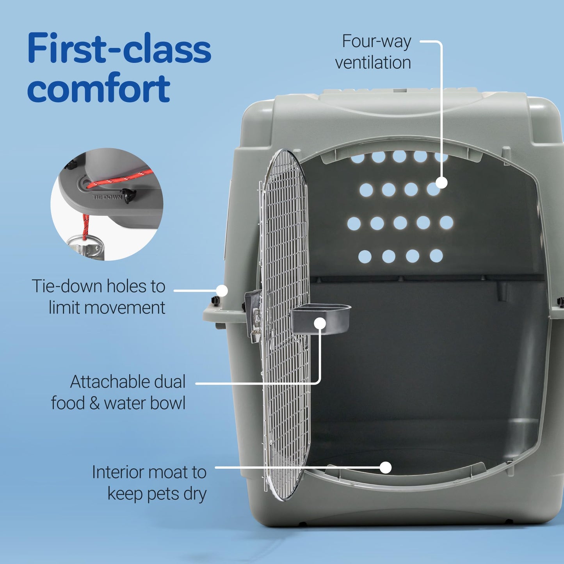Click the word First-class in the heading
click(x=119, y=48)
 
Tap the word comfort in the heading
click(x=98, y=88)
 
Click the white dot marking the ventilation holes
click(x=441, y=183)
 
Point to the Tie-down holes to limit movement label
click(x=98, y=297)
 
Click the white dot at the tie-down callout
click(x=222, y=290)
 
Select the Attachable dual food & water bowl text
click(x=118, y=392)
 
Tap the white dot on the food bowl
click(x=320, y=323)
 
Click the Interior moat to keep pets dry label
click(x=149, y=483)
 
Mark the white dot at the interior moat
click(x=386, y=467)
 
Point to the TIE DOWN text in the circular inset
click(x=107, y=197)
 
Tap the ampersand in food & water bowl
click(x=94, y=403)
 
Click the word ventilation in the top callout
click(x=373, y=62)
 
